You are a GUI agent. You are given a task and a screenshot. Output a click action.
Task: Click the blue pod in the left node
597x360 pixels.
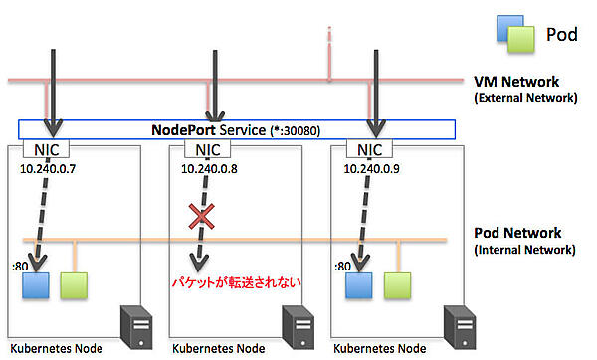pos(37,285)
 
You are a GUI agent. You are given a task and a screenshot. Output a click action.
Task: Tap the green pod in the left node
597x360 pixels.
pos(73,285)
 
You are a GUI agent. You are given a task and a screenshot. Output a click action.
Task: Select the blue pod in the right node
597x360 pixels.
pos(361,285)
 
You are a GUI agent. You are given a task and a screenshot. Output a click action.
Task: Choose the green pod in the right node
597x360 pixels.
pos(397,285)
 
